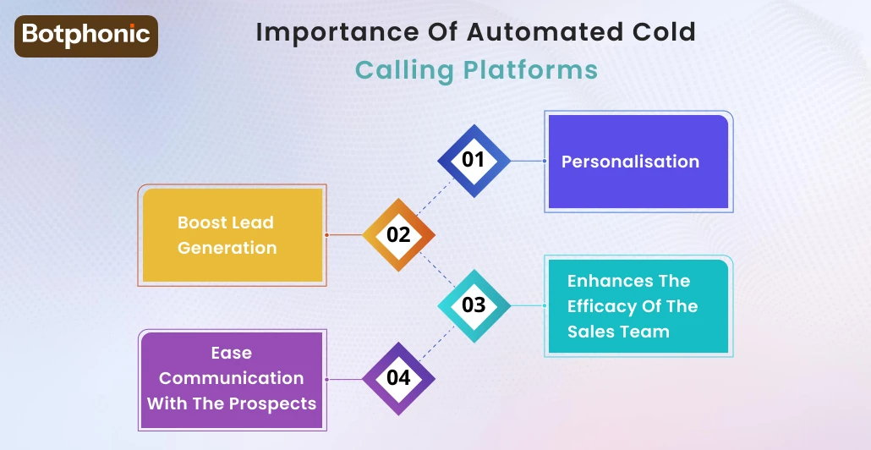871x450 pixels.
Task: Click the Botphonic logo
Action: point(86,36)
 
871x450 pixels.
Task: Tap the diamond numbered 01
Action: point(474,159)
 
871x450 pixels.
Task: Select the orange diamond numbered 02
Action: point(398,234)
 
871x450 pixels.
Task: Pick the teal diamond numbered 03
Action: point(474,305)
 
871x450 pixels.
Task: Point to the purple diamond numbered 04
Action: point(398,377)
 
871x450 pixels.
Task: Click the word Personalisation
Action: point(630,162)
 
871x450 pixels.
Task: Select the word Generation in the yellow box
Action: point(227,248)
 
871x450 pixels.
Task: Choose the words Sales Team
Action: point(618,332)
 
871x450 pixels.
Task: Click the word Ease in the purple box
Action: point(232,353)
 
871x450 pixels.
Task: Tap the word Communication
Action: point(232,378)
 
